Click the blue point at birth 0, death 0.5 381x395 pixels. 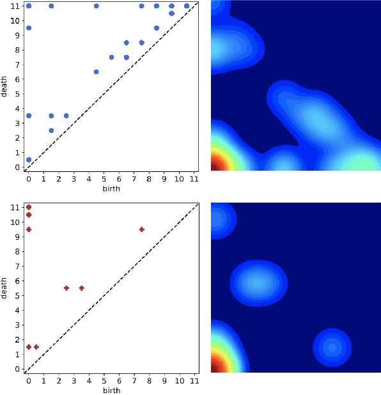tap(29, 160)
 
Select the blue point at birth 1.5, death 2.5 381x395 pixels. tap(51, 130)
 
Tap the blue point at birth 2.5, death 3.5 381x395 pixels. tap(66, 116)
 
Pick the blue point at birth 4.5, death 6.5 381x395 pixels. tap(97, 72)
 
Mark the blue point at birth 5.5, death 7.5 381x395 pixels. tap(111, 57)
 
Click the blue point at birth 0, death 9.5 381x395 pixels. tap(29, 27)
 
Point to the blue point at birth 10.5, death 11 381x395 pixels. tap(187, 6)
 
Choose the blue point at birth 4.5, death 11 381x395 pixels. tap(97, 6)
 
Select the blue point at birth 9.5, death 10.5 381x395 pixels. tap(171, 13)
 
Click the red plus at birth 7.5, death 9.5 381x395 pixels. tap(142, 229)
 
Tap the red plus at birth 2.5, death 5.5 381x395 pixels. tap(66, 288)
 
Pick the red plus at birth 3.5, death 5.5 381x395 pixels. tap(82, 288)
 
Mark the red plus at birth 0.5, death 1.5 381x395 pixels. tap(36, 347)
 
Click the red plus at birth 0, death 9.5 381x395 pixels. tap(29, 229)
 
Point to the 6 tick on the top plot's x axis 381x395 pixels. tap(119, 178)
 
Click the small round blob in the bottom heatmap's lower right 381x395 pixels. tap(332, 348)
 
